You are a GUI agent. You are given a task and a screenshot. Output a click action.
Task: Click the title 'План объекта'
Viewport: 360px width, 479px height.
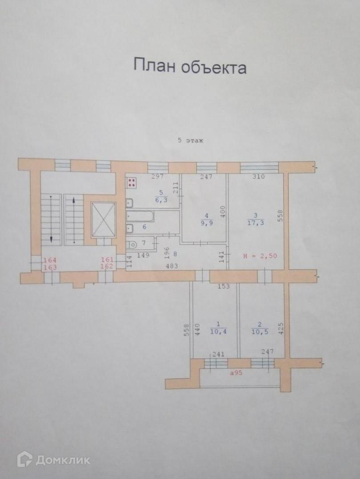coord(190,67)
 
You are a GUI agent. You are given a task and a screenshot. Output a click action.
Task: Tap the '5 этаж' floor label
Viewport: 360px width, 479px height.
coord(190,141)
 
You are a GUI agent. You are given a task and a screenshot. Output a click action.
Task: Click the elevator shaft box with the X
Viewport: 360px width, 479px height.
coord(103,220)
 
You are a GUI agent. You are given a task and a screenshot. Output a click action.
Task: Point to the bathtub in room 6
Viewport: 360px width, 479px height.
coord(140,217)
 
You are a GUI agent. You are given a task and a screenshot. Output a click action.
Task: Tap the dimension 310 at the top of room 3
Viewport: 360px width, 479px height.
coord(258,177)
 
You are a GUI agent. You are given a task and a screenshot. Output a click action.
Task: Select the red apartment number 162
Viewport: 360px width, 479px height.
coord(107,267)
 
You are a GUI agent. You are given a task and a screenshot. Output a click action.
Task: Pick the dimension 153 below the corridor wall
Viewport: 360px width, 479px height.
coord(224,286)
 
